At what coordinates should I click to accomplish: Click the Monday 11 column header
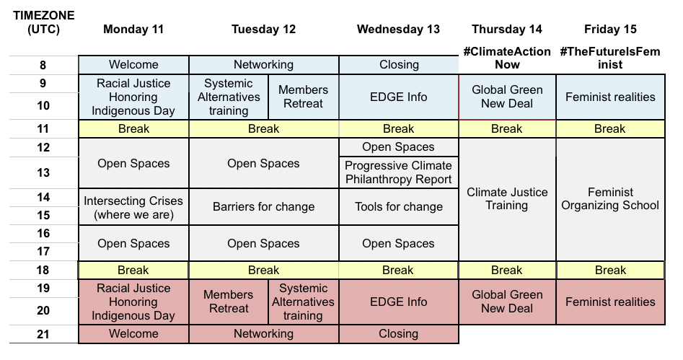point(133,29)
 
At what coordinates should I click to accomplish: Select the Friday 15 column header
point(610,29)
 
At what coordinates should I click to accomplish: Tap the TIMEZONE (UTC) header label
point(43,22)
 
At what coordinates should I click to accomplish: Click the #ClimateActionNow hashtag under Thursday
point(507,58)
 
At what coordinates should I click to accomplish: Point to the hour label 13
point(43,172)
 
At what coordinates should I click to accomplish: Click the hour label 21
point(43,334)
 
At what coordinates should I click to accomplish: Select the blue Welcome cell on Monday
point(133,65)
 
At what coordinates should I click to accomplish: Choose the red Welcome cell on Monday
point(133,334)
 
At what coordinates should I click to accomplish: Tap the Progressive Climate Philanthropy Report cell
point(399,172)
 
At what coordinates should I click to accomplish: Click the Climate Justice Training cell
point(507,199)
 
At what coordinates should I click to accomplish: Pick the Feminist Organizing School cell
point(610,199)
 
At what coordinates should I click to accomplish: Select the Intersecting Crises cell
point(133,207)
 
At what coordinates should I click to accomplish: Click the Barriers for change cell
point(263,207)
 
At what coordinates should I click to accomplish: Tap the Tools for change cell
point(399,207)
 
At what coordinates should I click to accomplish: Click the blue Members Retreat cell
point(303,97)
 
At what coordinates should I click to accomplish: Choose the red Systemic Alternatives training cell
point(303,302)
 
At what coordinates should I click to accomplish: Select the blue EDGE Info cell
point(399,97)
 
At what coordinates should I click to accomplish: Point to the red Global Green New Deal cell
point(507,302)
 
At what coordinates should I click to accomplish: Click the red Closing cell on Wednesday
point(399,334)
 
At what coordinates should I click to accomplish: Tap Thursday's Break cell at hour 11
point(507,129)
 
